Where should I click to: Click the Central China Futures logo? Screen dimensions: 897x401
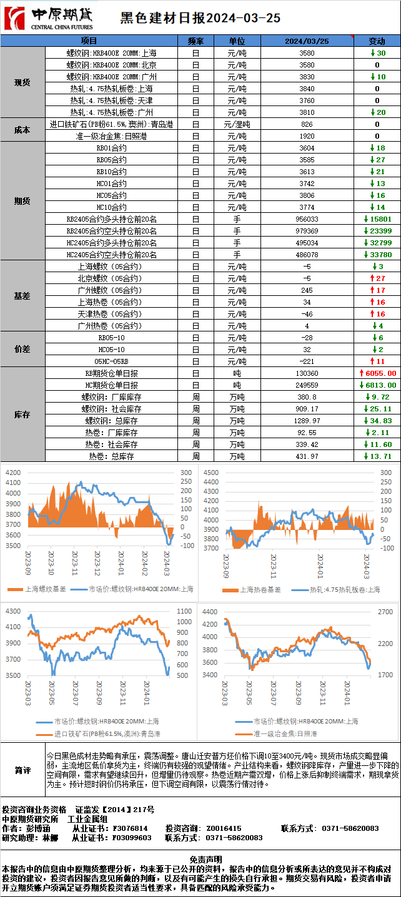coord(48,19)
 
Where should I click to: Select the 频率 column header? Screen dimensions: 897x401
coord(196,41)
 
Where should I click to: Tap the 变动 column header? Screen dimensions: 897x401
coord(377,41)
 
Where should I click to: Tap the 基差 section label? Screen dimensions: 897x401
coord(22,296)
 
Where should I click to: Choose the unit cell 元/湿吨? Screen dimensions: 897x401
coord(237,124)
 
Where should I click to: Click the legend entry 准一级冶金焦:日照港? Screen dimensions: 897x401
coord(284,733)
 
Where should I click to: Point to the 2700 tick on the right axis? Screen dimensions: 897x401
coord(385,611)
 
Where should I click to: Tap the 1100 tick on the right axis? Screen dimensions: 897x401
coord(185,611)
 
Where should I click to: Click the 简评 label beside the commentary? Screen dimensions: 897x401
coord(22,770)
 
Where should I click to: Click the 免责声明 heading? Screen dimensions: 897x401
coord(200,860)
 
